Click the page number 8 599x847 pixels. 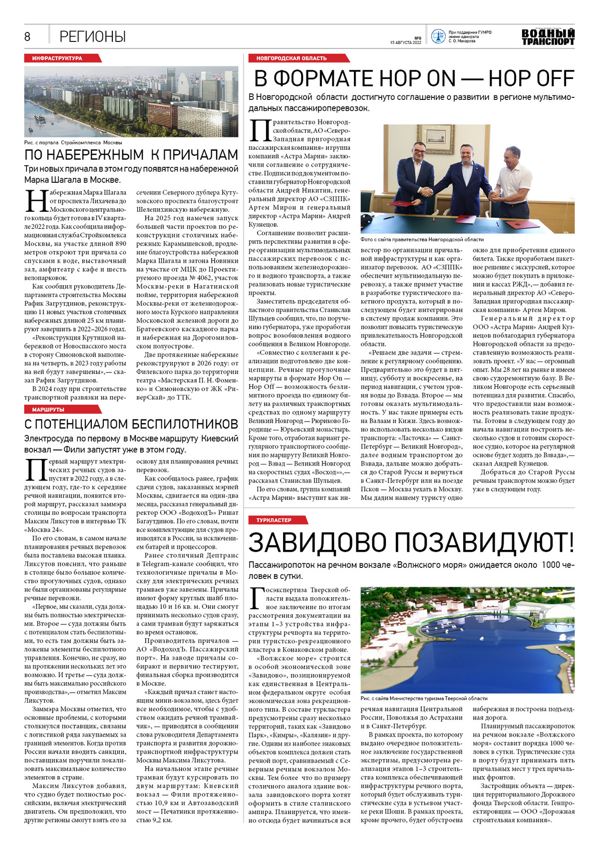[x=27, y=36]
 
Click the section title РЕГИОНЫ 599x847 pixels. [x=92, y=36]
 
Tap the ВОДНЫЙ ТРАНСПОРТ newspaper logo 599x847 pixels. [x=548, y=37]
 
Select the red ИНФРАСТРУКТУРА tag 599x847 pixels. [x=57, y=58]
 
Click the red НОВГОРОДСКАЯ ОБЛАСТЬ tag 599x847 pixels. [x=292, y=58]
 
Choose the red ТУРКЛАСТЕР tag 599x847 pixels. [x=274, y=520]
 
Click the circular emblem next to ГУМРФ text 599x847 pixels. [x=438, y=36]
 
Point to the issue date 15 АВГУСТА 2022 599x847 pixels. [x=406, y=43]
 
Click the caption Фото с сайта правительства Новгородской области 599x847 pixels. [x=422, y=239]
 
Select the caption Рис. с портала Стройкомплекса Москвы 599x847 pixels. [x=73, y=142]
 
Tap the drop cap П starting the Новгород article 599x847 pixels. [x=260, y=131]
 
